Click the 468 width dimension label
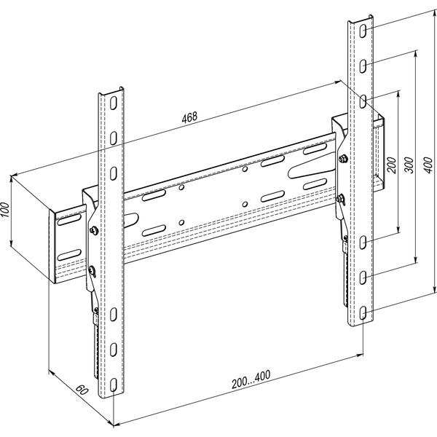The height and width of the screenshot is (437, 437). click(x=189, y=117)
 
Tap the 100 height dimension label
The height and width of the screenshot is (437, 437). click(x=5, y=210)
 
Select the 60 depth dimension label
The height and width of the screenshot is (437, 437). click(x=82, y=390)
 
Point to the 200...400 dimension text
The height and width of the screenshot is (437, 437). click(x=251, y=379)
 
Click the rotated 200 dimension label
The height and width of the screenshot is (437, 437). click(x=392, y=165)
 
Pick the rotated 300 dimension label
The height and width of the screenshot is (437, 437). click(x=409, y=165)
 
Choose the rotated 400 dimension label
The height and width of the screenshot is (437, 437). click(x=430, y=165)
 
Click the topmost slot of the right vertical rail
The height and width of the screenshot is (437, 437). click(x=363, y=31)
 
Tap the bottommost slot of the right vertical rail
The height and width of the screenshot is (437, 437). click(x=363, y=312)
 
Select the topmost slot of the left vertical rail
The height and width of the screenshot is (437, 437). click(x=113, y=103)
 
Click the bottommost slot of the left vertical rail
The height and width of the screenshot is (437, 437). click(x=113, y=385)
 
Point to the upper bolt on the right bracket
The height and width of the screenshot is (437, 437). click(x=342, y=159)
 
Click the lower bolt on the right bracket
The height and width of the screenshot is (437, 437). click(x=340, y=199)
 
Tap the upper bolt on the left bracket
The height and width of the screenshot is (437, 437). click(x=94, y=230)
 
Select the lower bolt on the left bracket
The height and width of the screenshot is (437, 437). click(x=92, y=269)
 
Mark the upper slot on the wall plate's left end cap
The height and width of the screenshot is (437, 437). click(x=69, y=220)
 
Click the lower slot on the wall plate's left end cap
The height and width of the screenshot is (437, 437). click(x=69, y=255)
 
